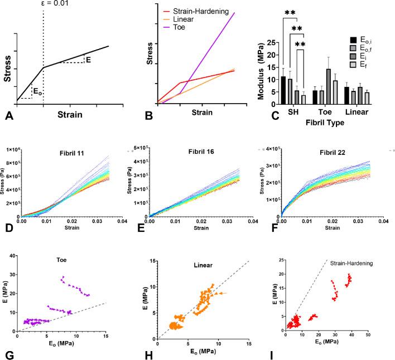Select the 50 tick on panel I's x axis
(x=368, y=334)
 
